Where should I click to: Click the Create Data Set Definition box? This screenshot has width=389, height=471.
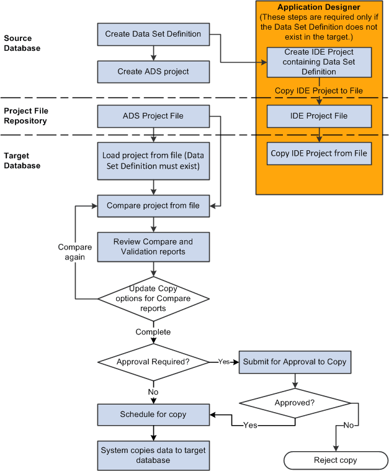click(x=153, y=34)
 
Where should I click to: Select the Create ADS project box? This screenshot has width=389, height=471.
click(x=153, y=71)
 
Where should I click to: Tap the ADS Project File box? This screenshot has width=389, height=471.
click(x=153, y=115)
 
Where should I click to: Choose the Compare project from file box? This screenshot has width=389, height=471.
click(x=153, y=205)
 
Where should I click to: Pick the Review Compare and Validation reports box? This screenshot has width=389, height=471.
click(x=153, y=246)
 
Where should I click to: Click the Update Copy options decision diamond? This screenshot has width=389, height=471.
click(x=153, y=298)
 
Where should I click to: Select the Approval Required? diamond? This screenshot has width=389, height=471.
click(x=153, y=362)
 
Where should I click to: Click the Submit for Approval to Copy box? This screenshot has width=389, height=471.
click(x=294, y=362)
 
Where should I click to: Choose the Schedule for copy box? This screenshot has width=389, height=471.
click(x=153, y=415)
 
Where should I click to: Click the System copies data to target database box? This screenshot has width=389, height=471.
click(x=153, y=455)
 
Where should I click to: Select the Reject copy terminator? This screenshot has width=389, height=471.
click(x=334, y=460)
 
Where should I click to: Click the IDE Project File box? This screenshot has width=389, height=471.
click(x=319, y=116)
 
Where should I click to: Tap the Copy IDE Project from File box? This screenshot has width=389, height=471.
click(x=319, y=153)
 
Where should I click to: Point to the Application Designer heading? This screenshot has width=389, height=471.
click(x=320, y=7)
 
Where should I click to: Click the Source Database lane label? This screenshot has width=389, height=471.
click(x=22, y=43)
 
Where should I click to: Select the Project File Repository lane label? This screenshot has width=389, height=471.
click(x=25, y=115)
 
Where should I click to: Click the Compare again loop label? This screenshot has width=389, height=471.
click(x=74, y=252)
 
